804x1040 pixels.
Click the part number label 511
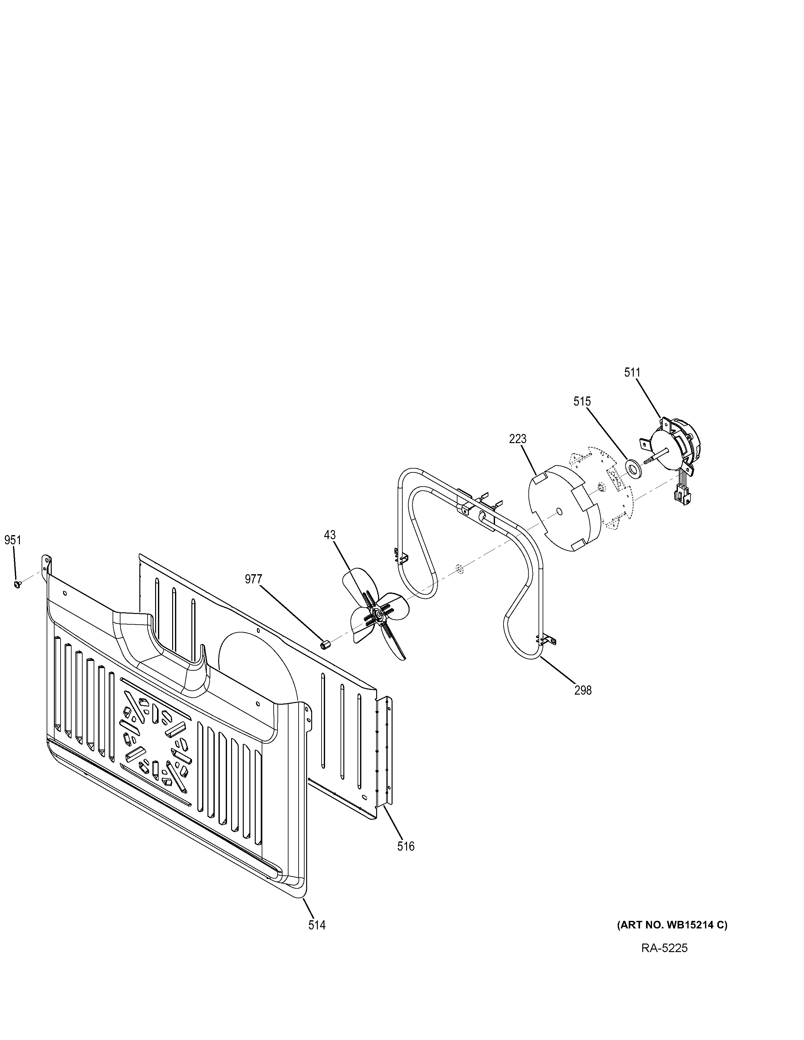coord(632,373)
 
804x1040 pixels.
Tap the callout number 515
coord(582,402)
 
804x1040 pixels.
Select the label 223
coord(517,439)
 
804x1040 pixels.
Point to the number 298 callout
coord(583,690)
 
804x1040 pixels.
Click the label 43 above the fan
coord(329,535)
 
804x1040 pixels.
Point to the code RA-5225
coord(664,948)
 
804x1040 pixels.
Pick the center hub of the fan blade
coord(378,615)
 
